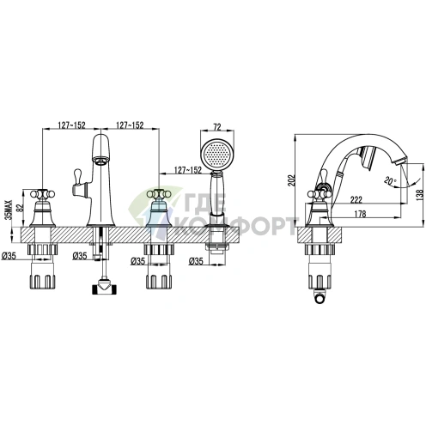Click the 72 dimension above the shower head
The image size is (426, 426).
[217, 127]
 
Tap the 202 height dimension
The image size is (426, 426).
[291, 180]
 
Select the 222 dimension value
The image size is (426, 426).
[356, 199]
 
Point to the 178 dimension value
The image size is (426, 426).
[360, 214]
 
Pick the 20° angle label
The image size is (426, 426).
[391, 180]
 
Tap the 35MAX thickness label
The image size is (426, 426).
[10, 210]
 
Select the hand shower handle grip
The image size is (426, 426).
[217, 195]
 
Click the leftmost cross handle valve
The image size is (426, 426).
[43, 208]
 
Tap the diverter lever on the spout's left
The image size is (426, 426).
[79, 183]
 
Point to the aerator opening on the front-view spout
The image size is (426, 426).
[101, 161]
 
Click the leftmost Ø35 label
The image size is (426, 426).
[9, 256]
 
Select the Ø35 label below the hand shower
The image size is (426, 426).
[196, 261]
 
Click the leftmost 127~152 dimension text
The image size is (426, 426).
[72, 125]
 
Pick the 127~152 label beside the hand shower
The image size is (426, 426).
[188, 170]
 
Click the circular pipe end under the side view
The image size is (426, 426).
[319, 299]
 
